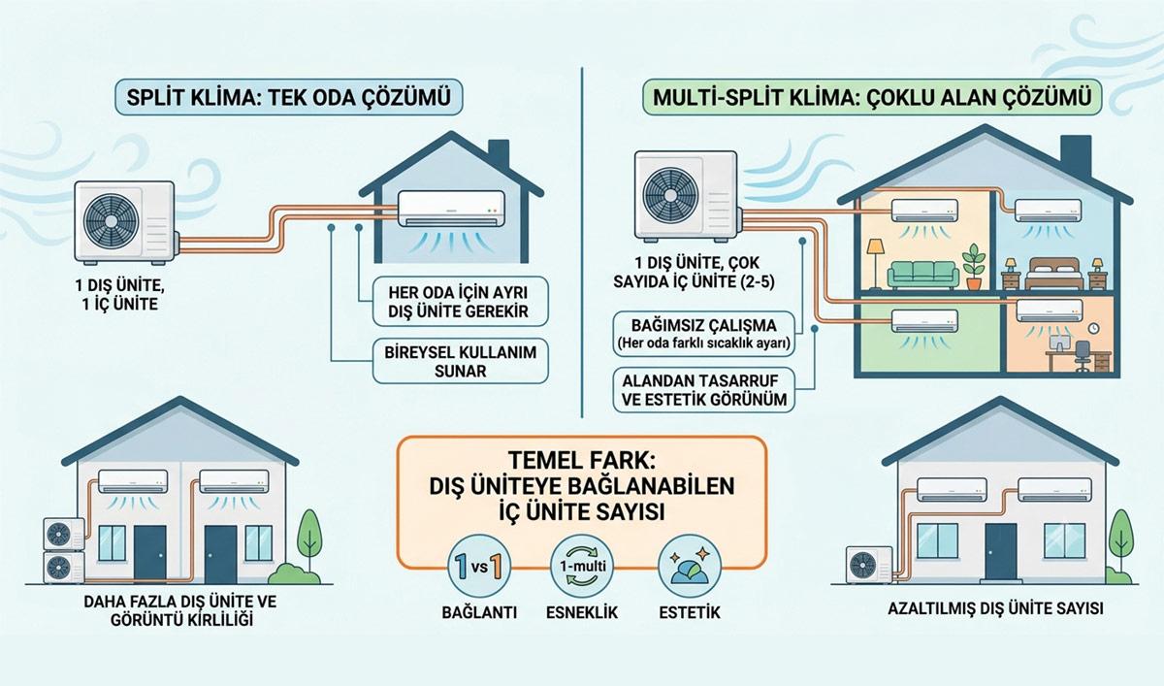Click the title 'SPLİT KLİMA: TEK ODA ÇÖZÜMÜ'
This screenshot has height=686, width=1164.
pos(288,97)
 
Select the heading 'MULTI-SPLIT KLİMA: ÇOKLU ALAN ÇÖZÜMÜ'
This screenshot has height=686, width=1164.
pos(872,97)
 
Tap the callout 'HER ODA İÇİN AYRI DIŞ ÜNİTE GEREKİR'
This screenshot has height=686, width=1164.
pos(461,302)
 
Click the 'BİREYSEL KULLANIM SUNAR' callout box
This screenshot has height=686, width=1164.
pos(461,361)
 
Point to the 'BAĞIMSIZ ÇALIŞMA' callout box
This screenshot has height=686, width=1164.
pos(704,334)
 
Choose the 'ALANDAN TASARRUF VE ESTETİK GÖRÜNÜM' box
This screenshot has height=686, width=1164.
pos(704,390)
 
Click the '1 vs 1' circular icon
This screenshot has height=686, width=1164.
pos(479,566)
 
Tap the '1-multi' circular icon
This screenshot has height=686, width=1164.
pos(582,566)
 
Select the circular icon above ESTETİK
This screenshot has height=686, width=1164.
pos(690,566)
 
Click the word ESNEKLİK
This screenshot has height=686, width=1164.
pos(582,612)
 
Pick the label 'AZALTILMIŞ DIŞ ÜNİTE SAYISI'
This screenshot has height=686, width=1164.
pos(995,608)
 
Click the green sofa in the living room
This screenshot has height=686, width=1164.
pos(922,276)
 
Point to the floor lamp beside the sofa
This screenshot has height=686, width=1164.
pos(876,264)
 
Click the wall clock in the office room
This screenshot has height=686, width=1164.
pos(1094,329)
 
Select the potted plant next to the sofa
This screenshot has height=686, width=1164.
pos(973,267)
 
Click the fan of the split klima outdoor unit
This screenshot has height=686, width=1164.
pos(112,221)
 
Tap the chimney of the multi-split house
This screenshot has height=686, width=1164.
pos(1075,154)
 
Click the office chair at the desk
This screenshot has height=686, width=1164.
pos(1083,356)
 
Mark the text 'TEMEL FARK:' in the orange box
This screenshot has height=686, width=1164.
pos(582,461)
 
